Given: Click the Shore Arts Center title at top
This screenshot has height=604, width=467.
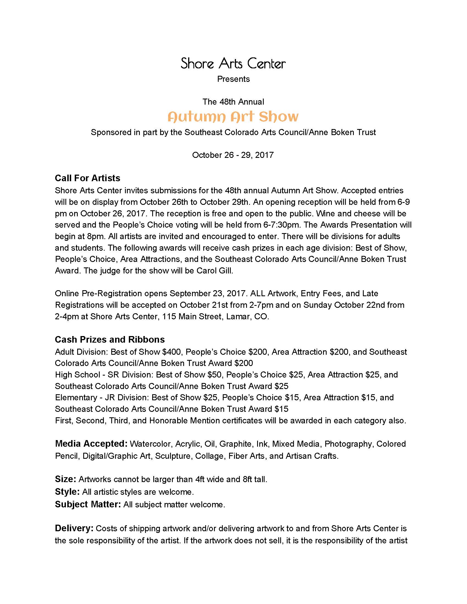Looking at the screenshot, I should (x=233, y=63).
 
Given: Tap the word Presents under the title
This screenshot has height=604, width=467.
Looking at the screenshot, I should (x=233, y=79).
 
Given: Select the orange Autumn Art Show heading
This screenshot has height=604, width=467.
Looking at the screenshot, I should (x=233, y=117).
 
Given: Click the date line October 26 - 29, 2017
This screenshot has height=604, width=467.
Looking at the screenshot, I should (x=233, y=155).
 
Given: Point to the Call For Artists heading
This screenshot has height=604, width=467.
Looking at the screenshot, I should (x=87, y=178).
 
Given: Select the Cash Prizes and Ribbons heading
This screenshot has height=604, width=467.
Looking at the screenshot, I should (x=110, y=339).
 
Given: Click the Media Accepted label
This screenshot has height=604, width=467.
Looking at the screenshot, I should (x=91, y=444).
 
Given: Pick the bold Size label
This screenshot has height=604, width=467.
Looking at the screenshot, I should (x=65, y=479).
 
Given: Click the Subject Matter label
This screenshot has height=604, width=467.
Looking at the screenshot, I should (x=88, y=504).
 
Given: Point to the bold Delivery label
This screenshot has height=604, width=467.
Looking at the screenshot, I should (x=74, y=528).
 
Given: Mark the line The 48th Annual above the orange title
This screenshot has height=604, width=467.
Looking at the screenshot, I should (x=233, y=102).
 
